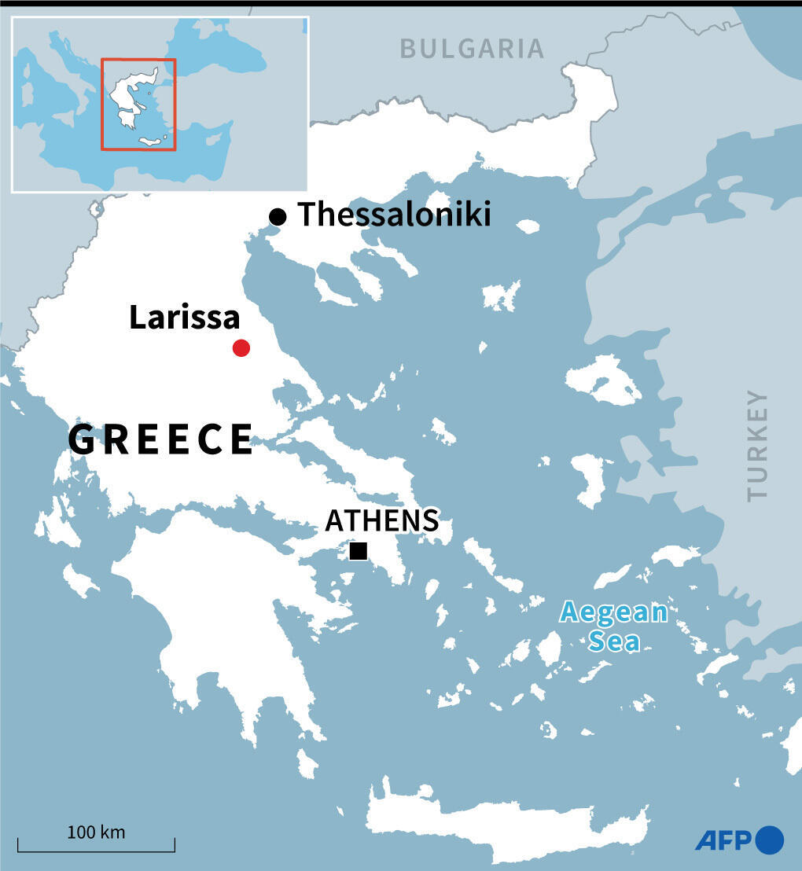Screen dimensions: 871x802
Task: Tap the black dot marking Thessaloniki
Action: pyautogui.click(x=277, y=217)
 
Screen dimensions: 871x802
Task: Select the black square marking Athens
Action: pyautogui.click(x=359, y=551)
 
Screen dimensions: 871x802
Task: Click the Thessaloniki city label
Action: pyautogui.click(x=394, y=215)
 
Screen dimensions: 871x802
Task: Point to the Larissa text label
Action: pyautogui.click(x=184, y=318)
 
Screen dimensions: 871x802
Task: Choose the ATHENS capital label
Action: pyautogui.click(x=382, y=520)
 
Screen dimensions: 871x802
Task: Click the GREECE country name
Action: pyautogui.click(x=160, y=439)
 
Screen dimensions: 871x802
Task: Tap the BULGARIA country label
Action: pyautogui.click(x=472, y=49)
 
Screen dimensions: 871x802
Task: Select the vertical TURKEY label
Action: pyautogui.click(x=757, y=445)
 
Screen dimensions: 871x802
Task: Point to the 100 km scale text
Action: pyautogui.click(x=96, y=832)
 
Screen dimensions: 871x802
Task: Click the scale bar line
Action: pyautogui.click(x=96, y=851)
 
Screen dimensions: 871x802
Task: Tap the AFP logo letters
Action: pyautogui.click(x=723, y=840)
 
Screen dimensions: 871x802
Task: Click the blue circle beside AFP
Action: pyautogui.click(x=770, y=840)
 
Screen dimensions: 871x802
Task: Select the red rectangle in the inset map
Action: pyautogui.click(x=138, y=60)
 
